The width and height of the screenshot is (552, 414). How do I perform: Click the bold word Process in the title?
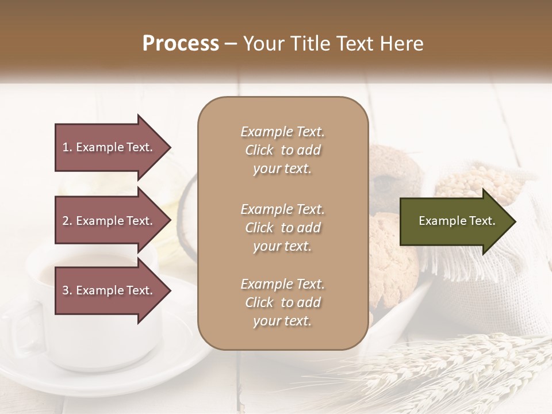tap(181, 44)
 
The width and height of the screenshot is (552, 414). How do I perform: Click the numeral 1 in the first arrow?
tap(66, 147)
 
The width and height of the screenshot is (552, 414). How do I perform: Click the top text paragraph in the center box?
tap(282, 150)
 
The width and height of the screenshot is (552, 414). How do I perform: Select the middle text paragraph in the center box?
tap(282, 228)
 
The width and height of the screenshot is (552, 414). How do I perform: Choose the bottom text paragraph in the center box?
tap(282, 302)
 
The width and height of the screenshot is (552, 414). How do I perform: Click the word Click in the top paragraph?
tap(259, 150)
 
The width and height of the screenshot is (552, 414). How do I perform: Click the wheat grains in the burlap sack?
tap(460, 184)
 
